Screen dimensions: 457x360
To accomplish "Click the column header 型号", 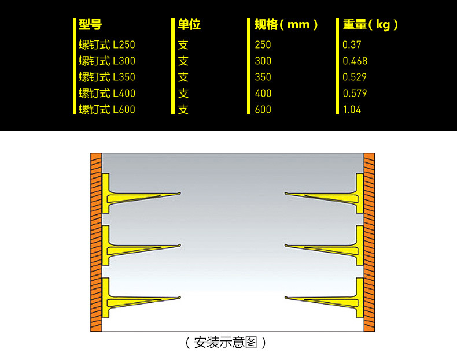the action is click(90, 24).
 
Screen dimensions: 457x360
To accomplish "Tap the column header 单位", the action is click(189, 24).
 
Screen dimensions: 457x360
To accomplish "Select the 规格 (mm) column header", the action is click(286, 25).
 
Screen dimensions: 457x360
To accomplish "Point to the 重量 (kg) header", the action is click(370, 25).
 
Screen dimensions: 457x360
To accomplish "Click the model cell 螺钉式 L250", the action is click(106, 45).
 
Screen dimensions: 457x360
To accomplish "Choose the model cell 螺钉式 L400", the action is click(106, 94).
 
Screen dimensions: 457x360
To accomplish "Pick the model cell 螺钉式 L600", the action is click(106, 110).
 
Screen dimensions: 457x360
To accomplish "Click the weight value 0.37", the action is click(352, 45).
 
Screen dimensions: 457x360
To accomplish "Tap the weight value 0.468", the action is click(355, 61).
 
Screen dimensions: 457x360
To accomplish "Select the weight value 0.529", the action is click(355, 77).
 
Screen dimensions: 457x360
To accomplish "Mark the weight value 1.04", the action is click(352, 110).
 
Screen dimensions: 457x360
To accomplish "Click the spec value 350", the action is click(263, 77).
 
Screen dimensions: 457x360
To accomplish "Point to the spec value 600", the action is click(263, 110).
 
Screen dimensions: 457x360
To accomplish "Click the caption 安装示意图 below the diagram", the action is click(226, 343).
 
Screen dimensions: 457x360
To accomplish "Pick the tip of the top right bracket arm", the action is click(286, 193).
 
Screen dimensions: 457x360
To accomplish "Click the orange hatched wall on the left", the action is click(96, 242).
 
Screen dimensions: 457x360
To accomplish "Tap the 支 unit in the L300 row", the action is click(183, 61).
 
